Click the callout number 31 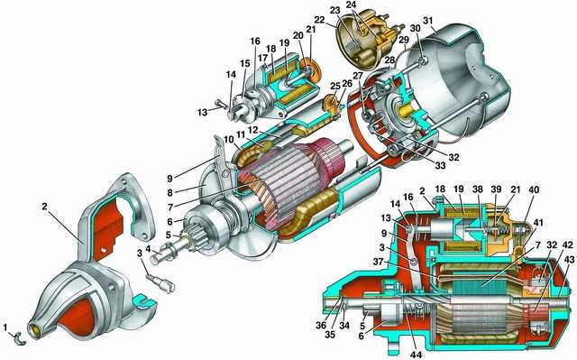pos(428,21)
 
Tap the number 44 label pos(417,355)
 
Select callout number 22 pos(320,20)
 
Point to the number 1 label pos(6,327)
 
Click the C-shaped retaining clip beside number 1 pos(18,338)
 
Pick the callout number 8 pos(169,192)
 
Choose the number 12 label pos(252,130)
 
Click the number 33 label pos(440,166)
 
